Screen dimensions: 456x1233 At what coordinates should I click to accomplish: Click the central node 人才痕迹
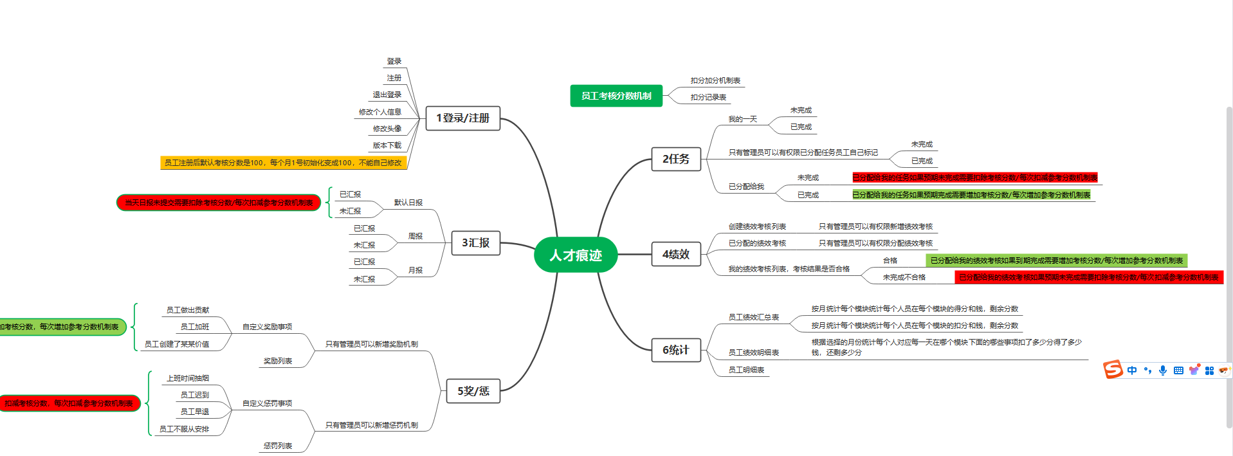click(x=576, y=255)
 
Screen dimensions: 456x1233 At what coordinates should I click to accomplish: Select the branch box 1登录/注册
click(x=463, y=118)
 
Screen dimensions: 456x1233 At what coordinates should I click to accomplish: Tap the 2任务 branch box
click(x=676, y=159)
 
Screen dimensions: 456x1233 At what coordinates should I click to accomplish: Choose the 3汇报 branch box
click(x=476, y=243)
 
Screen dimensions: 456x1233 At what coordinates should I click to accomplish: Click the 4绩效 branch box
click(x=676, y=255)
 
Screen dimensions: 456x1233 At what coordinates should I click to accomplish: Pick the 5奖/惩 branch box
click(x=473, y=391)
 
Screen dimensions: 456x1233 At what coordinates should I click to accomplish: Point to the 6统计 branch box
click(x=676, y=350)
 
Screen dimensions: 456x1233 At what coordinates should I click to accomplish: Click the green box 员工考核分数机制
click(x=616, y=96)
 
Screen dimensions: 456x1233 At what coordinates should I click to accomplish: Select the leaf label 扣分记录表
click(x=708, y=97)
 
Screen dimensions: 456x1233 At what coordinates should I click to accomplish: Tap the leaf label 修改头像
click(x=387, y=129)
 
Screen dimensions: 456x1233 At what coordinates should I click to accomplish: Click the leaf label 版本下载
click(x=387, y=145)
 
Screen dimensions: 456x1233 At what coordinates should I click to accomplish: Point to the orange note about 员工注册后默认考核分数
click(x=283, y=163)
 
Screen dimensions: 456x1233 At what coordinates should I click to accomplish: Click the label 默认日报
click(x=408, y=203)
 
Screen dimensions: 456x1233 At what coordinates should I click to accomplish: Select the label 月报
click(x=416, y=270)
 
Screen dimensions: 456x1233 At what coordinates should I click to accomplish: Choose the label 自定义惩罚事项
click(x=267, y=403)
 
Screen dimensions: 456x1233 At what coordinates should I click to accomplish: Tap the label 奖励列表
click(x=278, y=361)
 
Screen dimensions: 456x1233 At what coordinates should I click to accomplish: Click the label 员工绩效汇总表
click(x=754, y=317)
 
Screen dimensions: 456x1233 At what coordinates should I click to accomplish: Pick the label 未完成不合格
click(x=904, y=277)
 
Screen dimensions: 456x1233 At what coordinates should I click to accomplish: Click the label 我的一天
click(x=743, y=119)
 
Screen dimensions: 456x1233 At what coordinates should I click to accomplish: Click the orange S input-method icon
click(x=1113, y=370)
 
